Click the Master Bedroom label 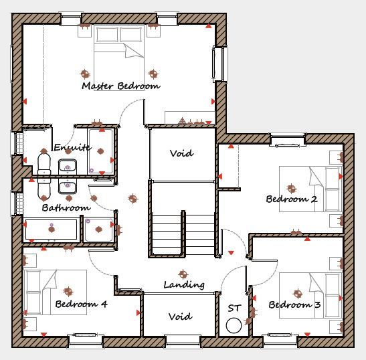point(121,86)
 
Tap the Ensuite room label point(72,147)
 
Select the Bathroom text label point(66,207)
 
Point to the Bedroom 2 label point(292,199)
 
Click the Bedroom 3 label point(294,304)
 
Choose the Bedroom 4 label point(81,304)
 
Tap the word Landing point(184,285)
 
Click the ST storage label point(234,308)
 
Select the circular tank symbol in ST point(234,325)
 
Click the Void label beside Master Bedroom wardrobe point(181,153)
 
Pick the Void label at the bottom point(181,317)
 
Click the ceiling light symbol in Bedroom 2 point(291,188)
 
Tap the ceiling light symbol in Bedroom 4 point(68,291)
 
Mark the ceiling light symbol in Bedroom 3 point(298,293)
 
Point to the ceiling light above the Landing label point(183,274)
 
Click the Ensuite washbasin point(68,166)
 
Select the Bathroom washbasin point(68,187)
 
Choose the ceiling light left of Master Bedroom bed point(85,74)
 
